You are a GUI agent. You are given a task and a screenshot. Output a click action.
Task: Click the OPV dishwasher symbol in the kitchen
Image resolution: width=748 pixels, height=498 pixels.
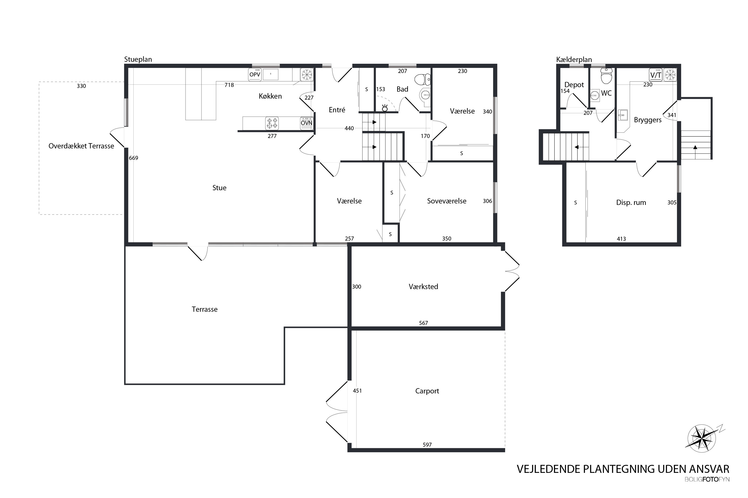coord(255,75)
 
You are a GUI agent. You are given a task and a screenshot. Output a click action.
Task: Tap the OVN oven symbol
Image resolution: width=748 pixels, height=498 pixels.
coord(307,123)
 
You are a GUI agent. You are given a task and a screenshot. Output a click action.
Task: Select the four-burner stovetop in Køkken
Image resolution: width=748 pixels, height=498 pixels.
coord(272,123)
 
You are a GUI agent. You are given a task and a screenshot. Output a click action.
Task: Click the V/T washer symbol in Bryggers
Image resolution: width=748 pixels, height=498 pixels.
coord(655,75)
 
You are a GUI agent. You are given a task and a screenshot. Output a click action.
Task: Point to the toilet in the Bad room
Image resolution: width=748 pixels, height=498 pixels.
coord(423,80)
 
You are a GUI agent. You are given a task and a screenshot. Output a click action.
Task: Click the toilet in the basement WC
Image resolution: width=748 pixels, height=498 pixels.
coord(606,76)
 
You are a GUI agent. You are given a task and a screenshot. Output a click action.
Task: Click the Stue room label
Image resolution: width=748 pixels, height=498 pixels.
coord(219,188)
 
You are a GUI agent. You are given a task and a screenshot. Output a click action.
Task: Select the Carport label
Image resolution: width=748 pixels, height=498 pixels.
coord(427,391)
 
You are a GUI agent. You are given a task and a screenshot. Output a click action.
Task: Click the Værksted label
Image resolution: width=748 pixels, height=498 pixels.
coord(423,287)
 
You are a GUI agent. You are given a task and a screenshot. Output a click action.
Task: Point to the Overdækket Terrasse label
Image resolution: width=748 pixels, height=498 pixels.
coord(81,146)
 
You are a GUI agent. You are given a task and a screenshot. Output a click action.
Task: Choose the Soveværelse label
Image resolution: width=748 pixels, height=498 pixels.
coord(447,201)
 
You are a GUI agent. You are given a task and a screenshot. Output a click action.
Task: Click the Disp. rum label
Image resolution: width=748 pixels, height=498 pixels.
coord(631,203)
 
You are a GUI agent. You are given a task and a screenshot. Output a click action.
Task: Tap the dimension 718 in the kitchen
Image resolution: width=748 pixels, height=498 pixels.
coord(229,85)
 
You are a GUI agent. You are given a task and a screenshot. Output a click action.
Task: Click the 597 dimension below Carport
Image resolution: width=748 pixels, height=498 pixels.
coord(427,445)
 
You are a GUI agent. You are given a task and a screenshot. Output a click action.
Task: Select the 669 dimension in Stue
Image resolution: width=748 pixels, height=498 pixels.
coord(134,158)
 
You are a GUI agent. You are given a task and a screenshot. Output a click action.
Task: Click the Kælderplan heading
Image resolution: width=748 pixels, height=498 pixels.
coord(574,60)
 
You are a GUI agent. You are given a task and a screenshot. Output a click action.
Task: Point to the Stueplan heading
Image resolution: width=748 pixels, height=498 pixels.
coord(138,60)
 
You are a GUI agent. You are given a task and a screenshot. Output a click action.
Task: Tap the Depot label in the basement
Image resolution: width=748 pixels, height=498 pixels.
coord(574,85)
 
